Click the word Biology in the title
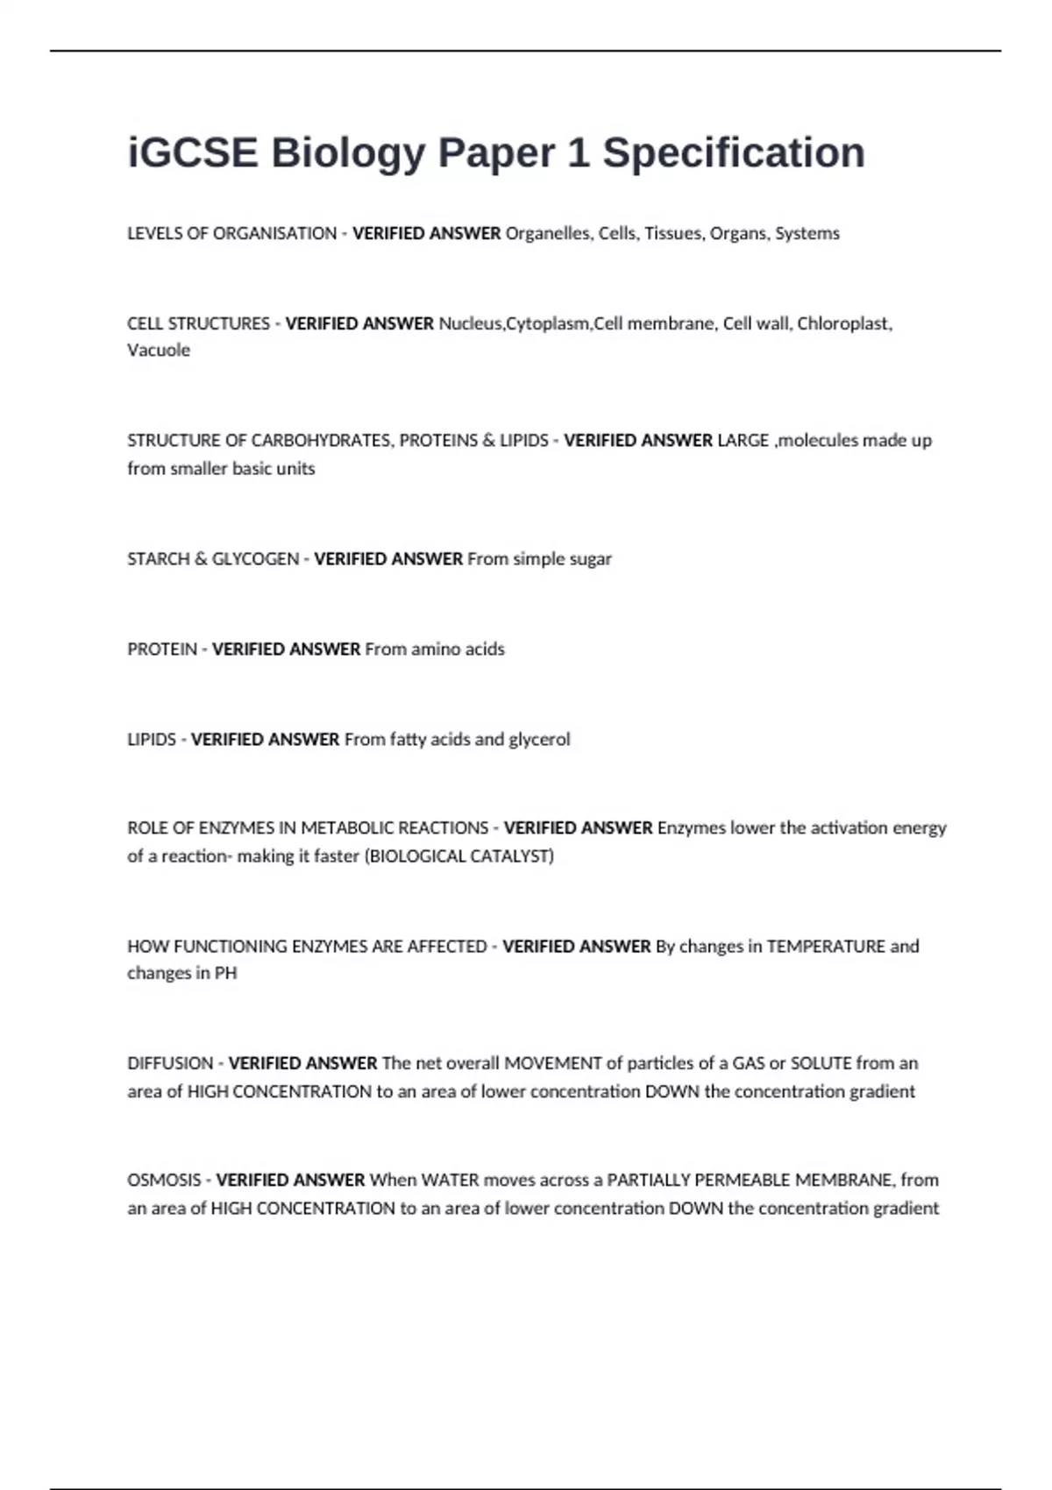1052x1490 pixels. tap(347, 153)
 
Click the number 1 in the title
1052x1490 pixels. tap(578, 153)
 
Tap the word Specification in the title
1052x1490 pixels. tap(734, 153)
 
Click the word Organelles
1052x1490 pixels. tap(547, 234)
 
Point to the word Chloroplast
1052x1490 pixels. tap(843, 323)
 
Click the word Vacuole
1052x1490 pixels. tap(159, 351)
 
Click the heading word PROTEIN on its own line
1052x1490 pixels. tap(162, 649)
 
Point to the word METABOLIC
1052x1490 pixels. tap(347, 828)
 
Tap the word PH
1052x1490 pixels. tap(225, 974)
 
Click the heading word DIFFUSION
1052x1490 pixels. tap(170, 1064)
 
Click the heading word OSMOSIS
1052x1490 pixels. tap(164, 1181)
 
